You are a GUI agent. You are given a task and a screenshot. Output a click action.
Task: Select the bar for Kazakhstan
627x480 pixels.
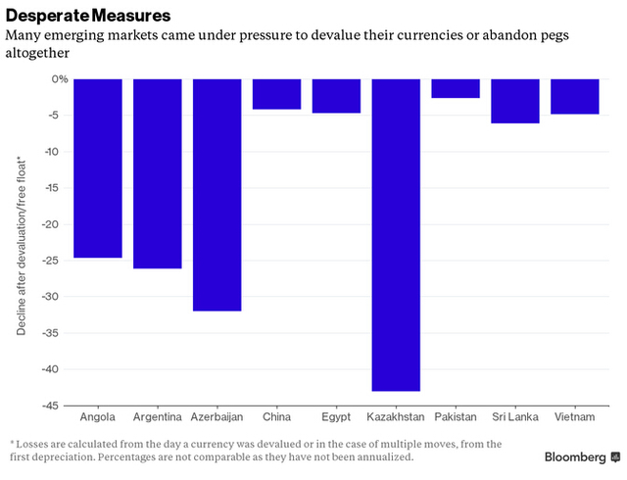coord(396,235)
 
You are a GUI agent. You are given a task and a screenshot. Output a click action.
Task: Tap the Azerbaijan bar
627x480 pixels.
coord(217,195)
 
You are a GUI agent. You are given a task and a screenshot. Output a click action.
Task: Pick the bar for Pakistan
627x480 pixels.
coord(456,89)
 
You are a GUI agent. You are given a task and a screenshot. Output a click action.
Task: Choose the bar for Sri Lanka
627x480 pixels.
coord(515,101)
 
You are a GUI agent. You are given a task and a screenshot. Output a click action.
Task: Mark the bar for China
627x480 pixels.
coord(276,94)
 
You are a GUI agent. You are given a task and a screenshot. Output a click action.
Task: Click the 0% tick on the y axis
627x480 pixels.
coord(59,79)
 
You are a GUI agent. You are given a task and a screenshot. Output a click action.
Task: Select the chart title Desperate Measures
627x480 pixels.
coord(88,17)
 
